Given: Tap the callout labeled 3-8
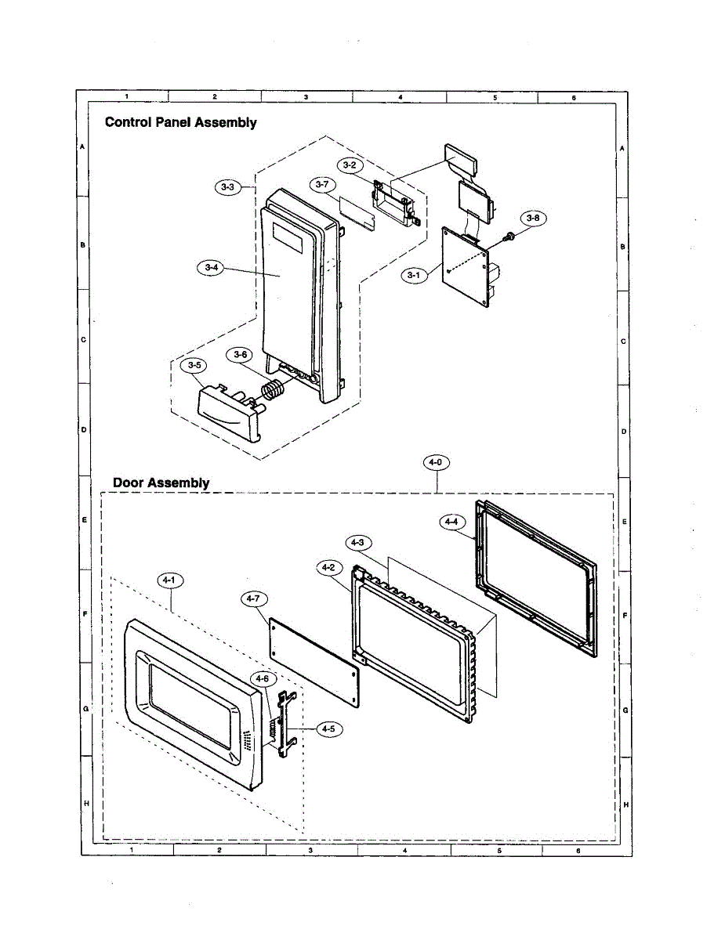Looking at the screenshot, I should pos(533,218).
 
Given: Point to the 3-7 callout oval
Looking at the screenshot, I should pos(321,185).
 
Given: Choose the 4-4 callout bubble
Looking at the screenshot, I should pos(452,520).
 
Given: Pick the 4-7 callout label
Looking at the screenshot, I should pos(252,599).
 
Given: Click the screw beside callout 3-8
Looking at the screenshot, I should pos(509,235).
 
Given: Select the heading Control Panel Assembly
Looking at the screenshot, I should pos(181,122).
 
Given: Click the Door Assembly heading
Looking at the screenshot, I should pos(161,482).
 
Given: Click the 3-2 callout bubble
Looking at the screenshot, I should pos(350,165).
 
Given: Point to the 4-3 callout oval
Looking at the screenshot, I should pos(357,542).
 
